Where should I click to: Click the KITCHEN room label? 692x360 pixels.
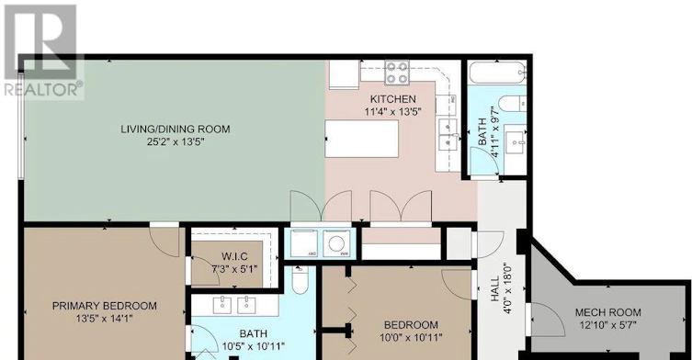pyautogui.click(x=392, y=99)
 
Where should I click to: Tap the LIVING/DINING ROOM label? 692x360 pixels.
pyautogui.click(x=176, y=129)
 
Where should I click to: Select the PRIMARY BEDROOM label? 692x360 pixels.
pyautogui.click(x=105, y=306)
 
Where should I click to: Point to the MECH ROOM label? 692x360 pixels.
pyautogui.click(x=607, y=313)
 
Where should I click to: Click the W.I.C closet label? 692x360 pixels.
pyautogui.click(x=234, y=256)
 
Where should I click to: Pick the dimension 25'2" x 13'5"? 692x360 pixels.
pyautogui.click(x=176, y=142)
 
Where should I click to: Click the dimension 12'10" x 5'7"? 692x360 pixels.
pyautogui.click(x=607, y=326)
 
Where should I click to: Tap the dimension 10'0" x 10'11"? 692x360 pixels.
pyautogui.click(x=411, y=338)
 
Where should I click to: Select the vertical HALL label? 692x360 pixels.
pyautogui.click(x=494, y=289)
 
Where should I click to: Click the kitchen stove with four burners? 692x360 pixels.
pyautogui.click(x=397, y=73)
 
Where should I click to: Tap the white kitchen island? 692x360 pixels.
pyautogui.click(x=362, y=139)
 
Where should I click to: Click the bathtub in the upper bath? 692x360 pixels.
pyautogui.click(x=497, y=73)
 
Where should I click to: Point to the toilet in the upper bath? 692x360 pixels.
pyautogui.click(x=512, y=104)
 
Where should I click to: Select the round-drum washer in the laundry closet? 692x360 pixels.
pyautogui.click(x=336, y=243)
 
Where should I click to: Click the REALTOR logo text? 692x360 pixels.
pyautogui.click(x=43, y=90)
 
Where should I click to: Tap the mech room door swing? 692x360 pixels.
pyautogui.click(x=548, y=319)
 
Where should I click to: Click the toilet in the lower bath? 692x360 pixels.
pyautogui.click(x=301, y=281)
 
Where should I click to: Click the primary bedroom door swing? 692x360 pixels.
pyautogui.click(x=164, y=242)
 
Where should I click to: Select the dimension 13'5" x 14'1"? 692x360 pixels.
pyautogui.click(x=105, y=319)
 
